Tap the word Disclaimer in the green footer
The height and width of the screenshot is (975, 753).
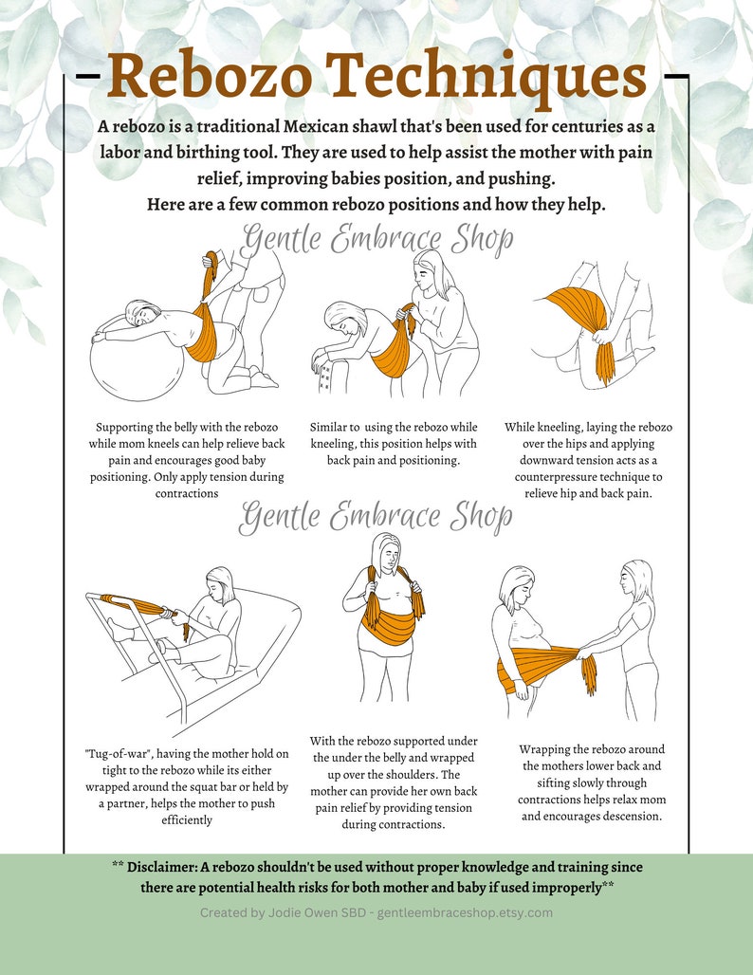167,867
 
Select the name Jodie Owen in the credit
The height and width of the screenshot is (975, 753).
284,912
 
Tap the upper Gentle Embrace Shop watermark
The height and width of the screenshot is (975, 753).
376,239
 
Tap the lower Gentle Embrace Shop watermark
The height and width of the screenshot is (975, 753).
376,517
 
